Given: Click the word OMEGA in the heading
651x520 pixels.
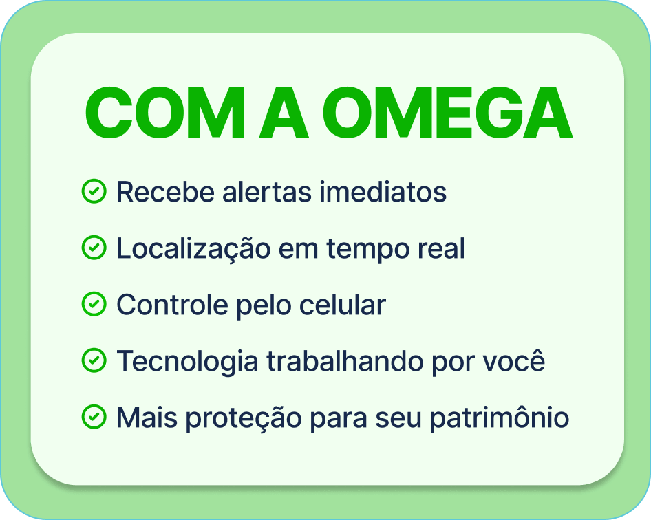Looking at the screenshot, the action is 447,113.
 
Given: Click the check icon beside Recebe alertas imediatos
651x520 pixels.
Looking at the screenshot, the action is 94,191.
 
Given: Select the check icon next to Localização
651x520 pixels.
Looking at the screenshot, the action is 94,248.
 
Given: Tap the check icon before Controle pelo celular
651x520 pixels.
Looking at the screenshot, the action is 94,304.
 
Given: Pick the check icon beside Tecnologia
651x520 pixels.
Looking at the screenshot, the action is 94,360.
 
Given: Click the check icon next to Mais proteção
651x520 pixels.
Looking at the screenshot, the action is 94,417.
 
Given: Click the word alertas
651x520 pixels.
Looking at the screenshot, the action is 266,192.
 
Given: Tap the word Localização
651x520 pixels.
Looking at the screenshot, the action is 193,248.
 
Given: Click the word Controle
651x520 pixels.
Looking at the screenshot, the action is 172,305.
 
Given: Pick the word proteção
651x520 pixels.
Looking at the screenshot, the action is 244,419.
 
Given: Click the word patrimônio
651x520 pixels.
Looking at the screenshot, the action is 500,418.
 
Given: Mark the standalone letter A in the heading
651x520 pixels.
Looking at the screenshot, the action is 284,113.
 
